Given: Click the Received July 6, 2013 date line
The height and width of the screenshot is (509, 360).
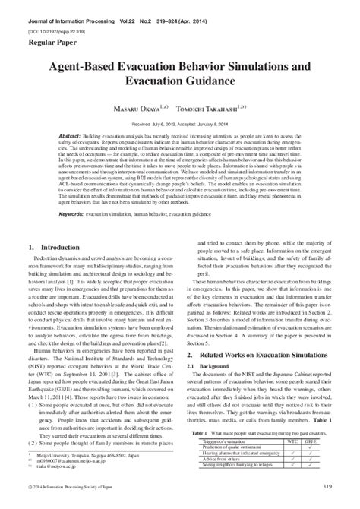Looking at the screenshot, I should click(x=178, y=119).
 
